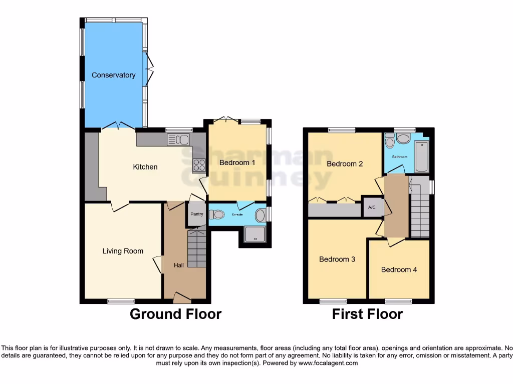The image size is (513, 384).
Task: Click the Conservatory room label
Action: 113,75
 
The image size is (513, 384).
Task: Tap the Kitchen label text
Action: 145,167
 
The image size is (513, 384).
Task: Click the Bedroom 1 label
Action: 237,163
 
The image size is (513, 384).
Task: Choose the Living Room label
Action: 123,251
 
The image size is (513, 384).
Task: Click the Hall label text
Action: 178,265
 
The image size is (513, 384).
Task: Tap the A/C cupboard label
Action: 372,207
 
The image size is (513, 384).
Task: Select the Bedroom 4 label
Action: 399,269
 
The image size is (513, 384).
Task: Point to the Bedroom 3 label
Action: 337,259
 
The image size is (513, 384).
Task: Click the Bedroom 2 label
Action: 345,163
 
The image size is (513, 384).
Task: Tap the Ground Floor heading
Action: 175,314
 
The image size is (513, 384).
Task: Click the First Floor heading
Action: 367,314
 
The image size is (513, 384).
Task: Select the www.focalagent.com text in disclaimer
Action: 328,363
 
